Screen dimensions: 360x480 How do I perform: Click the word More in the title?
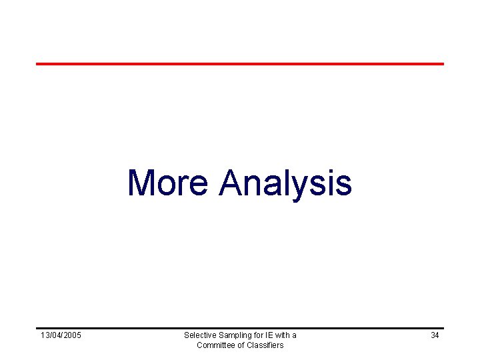click(x=167, y=183)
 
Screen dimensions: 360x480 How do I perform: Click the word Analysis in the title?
click(x=285, y=183)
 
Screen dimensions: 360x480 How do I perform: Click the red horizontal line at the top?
click(x=240, y=64)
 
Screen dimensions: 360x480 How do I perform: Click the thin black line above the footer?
click(x=240, y=328)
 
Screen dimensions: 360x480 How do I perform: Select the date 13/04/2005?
click(x=61, y=335)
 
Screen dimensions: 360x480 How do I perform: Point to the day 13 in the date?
click(x=44, y=335)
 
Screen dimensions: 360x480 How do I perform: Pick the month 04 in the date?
click(x=55, y=335)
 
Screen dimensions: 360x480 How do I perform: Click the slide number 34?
click(x=435, y=335)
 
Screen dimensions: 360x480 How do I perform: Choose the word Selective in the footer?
click(x=199, y=335)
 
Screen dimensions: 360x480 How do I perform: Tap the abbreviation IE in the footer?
click(x=269, y=335)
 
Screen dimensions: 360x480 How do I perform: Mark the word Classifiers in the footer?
click(x=265, y=345)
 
